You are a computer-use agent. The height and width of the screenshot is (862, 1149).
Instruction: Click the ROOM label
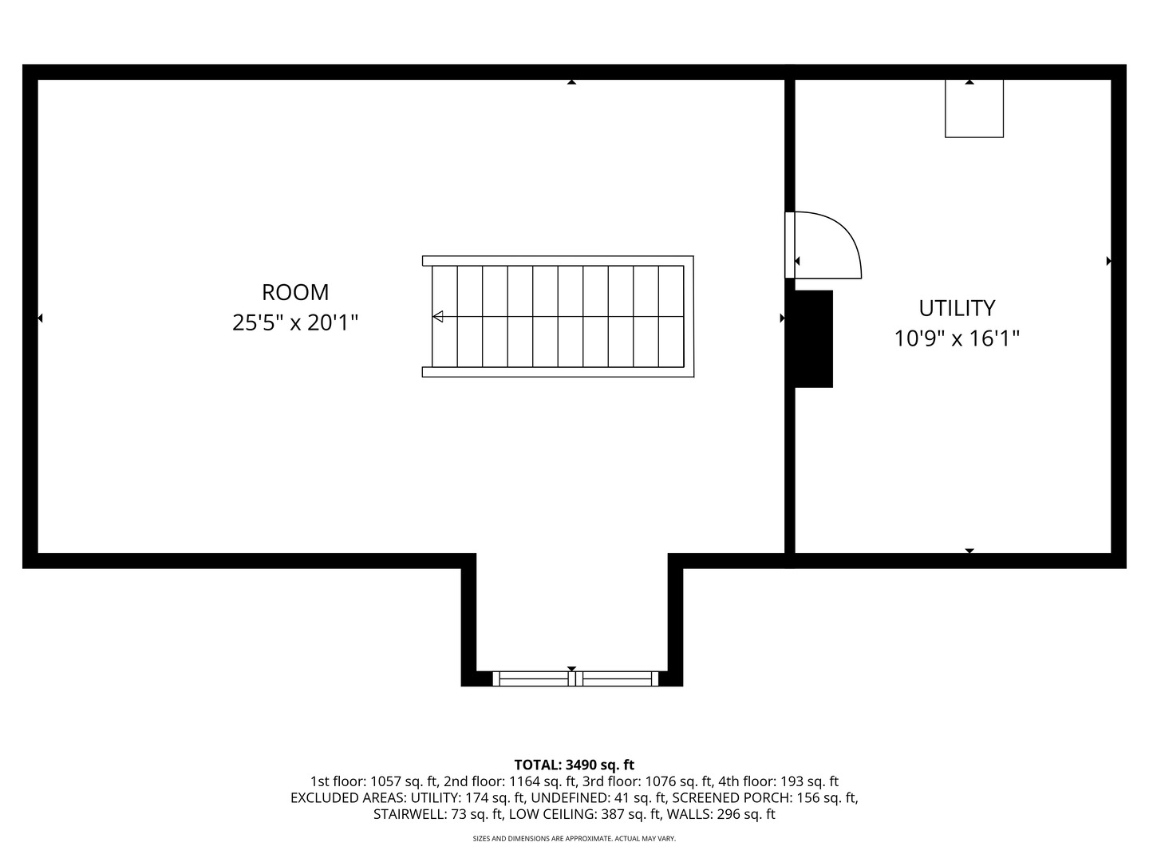pyautogui.click(x=295, y=293)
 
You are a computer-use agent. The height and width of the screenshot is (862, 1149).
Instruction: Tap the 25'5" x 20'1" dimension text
pyautogui.click(x=295, y=323)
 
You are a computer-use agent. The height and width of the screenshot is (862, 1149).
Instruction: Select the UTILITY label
pyautogui.click(x=957, y=308)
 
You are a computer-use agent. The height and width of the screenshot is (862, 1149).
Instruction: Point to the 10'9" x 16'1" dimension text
pyautogui.click(x=957, y=338)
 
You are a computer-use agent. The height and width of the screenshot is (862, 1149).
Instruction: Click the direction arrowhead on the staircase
pyautogui.click(x=437, y=317)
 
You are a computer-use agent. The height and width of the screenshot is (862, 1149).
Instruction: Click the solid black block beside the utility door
pyautogui.click(x=813, y=338)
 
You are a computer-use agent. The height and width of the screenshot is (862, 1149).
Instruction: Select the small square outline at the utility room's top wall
pyautogui.click(x=974, y=109)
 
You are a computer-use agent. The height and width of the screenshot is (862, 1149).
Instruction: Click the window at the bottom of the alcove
pyautogui.click(x=575, y=678)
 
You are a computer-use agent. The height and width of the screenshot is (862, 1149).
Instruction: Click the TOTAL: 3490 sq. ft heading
pyautogui.click(x=574, y=765)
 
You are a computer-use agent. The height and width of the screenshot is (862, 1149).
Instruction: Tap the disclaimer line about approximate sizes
pyautogui.click(x=574, y=838)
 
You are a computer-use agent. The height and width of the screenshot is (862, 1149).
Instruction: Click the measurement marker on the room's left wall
pyautogui.click(x=40, y=318)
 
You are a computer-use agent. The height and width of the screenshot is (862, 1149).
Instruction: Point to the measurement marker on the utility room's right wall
pyautogui.click(x=1108, y=261)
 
